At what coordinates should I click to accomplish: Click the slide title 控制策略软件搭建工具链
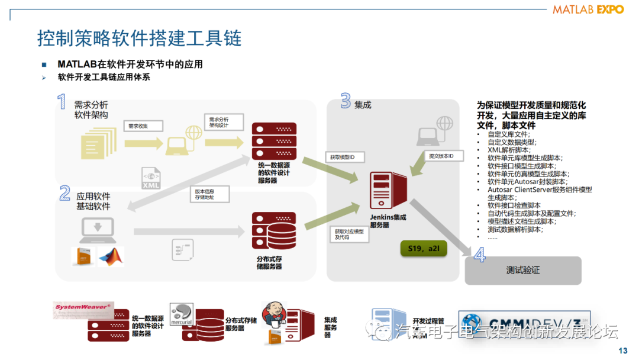point(139,39)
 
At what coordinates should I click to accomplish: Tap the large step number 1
point(62,102)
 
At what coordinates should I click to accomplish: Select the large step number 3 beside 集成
point(345,101)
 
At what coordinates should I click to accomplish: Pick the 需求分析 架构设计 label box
point(219,123)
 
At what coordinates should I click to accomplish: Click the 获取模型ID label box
point(344,156)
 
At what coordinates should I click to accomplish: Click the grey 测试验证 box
point(522,271)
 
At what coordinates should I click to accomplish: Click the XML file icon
point(151,179)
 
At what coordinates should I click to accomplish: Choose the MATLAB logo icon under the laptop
point(111,256)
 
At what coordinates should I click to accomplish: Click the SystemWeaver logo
point(82,307)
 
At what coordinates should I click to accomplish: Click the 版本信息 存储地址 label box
point(205,195)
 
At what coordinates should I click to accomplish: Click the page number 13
point(622,351)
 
